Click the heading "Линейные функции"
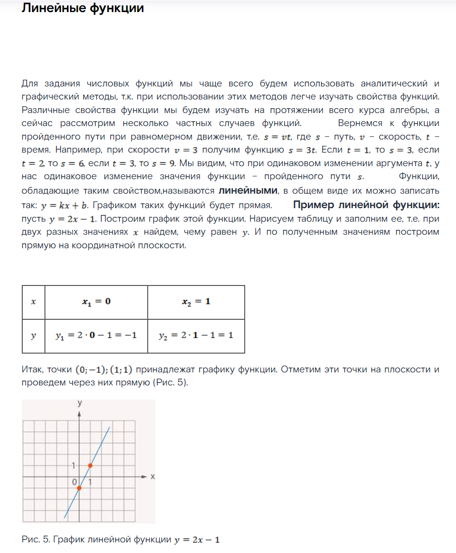coord(83,8)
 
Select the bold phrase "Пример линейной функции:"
coord(366,205)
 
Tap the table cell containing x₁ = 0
coord(97,302)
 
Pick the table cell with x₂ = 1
coord(196,302)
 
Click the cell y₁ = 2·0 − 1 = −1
coord(97,335)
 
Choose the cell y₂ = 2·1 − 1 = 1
coord(196,335)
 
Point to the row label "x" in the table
coord(33,302)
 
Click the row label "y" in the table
coord(33,335)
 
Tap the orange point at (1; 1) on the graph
coord(90,466)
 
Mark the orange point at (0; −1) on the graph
coord(79,488)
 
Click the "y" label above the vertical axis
coord(79,403)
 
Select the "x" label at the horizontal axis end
coord(152,477)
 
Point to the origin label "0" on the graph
coord(75,482)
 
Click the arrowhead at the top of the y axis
coord(79,414)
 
